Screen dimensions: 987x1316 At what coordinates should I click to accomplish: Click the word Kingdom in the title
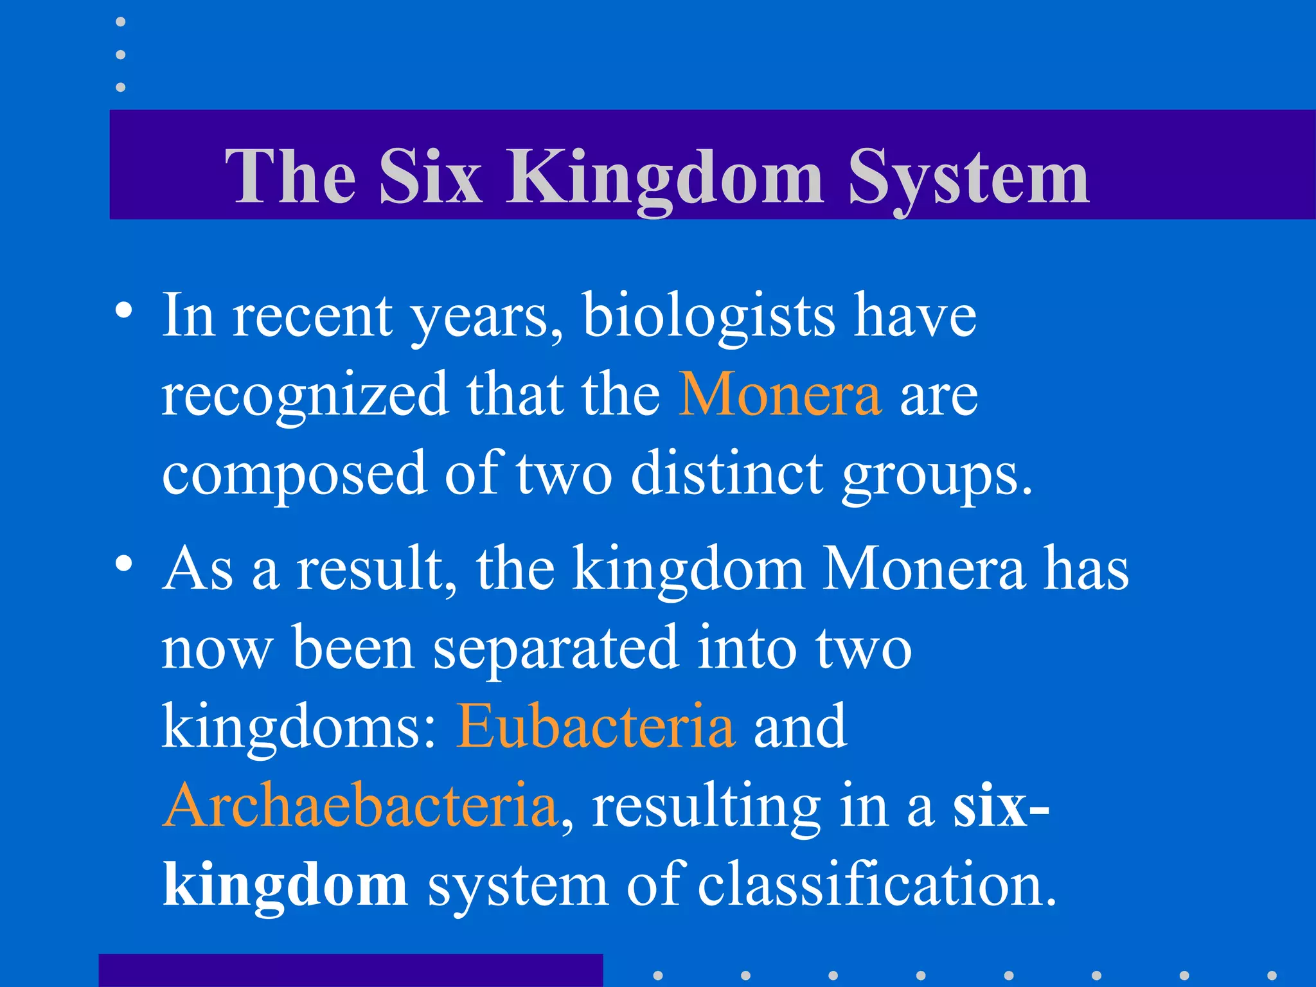[x=664, y=177]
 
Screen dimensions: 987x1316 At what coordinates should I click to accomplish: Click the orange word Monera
[x=780, y=395]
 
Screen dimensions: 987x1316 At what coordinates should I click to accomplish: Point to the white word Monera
[x=923, y=569]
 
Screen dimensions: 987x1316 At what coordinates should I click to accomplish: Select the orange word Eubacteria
[x=595, y=727]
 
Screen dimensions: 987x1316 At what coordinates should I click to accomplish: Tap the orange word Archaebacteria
[x=360, y=806]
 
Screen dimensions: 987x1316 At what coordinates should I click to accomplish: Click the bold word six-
[x=1000, y=807]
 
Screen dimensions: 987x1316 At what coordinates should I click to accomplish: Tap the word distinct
[x=727, y=474]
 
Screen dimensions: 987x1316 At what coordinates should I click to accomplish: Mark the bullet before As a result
[x=124, y=564]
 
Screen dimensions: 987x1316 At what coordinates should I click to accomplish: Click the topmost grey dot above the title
[x=120, y=22]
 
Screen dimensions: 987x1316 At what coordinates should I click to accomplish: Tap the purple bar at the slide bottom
[x=350, y=970]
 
